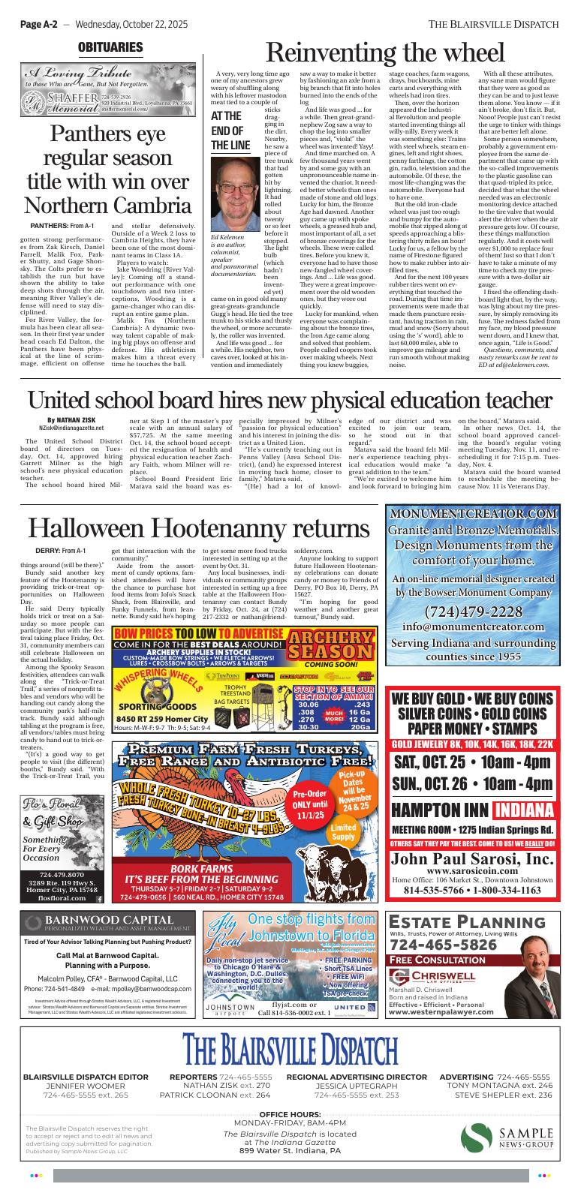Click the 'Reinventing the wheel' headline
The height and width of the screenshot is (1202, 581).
(x=385, y=53)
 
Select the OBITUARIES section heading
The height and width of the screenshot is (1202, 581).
(x=110, y=48)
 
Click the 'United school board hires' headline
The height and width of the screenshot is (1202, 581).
(x=290, y=399)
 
